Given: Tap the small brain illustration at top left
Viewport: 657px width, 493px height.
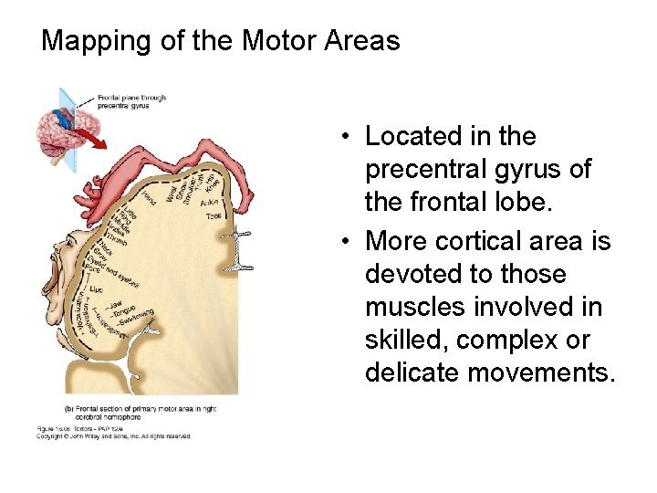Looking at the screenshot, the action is point(63,132).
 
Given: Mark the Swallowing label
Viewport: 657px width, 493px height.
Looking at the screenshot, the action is point(137,318).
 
